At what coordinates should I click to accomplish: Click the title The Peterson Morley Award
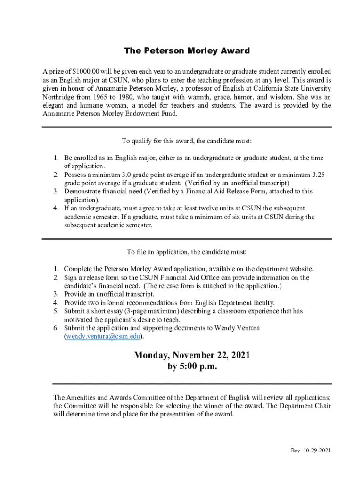[187, 50]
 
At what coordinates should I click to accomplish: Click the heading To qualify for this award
[187, 141]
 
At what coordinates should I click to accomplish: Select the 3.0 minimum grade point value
[127, 175]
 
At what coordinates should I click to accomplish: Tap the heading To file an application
[187, 252]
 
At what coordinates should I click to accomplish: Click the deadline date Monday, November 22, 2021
[192, 355]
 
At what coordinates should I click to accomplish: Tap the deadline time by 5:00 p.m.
[192, 367]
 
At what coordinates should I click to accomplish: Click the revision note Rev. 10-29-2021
[310, 451]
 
